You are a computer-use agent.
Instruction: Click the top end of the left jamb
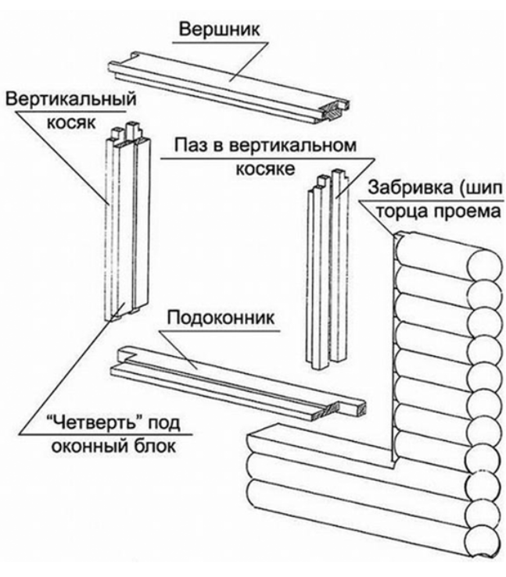[126, 129]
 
